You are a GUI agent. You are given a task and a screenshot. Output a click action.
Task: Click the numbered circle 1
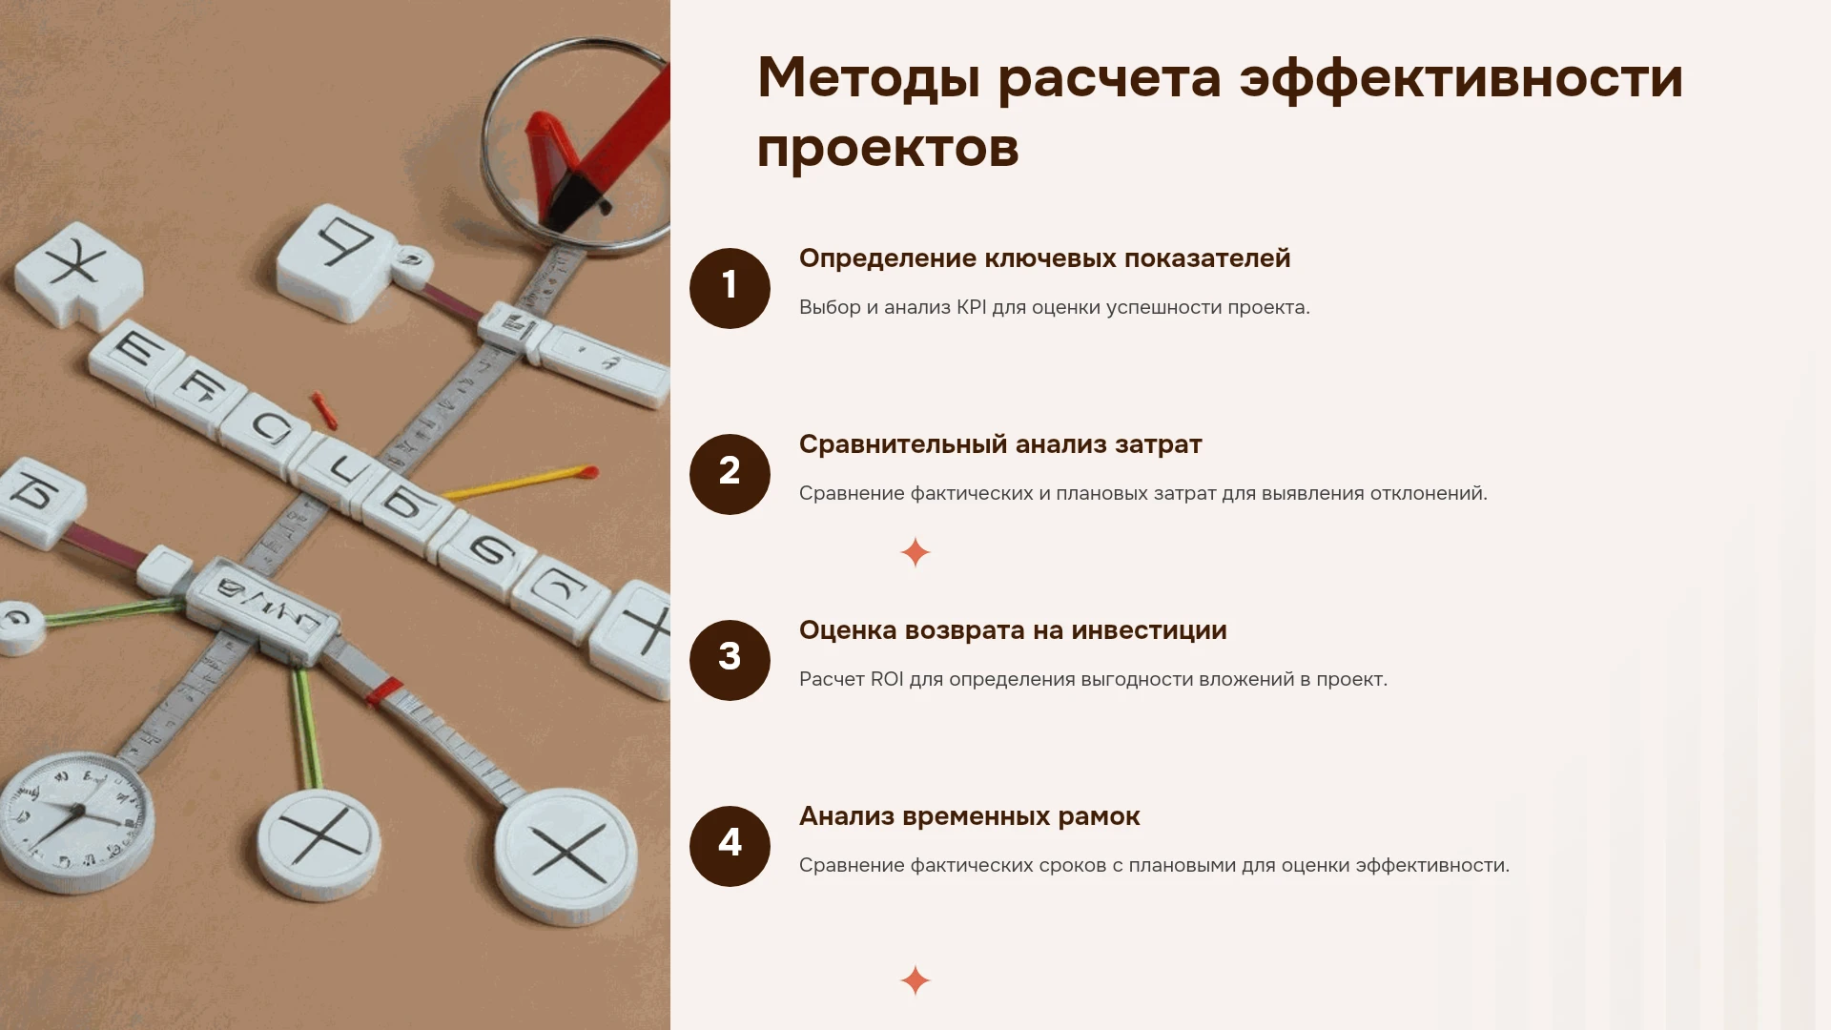pos(730,288)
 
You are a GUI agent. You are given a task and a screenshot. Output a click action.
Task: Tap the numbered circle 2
pos(730,474)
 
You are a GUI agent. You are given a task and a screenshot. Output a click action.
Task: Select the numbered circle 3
pos(730,660)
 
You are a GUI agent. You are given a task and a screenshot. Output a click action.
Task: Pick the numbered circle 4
pos(730,846)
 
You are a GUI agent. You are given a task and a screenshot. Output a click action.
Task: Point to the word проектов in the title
pos(888,149)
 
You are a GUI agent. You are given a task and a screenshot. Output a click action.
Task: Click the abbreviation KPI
pos(972,307)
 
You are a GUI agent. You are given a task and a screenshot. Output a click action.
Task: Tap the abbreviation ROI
pos(887,679)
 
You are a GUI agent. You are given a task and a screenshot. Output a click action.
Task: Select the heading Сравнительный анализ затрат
pos(1000,444)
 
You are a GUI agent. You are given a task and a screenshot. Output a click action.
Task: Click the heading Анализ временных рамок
pos(969,816)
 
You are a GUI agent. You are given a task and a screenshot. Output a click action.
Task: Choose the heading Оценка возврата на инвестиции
pos(1013,630)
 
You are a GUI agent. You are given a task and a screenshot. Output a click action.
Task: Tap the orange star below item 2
pos(915,552)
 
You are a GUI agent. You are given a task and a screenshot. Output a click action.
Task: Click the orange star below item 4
pos(915,980)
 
